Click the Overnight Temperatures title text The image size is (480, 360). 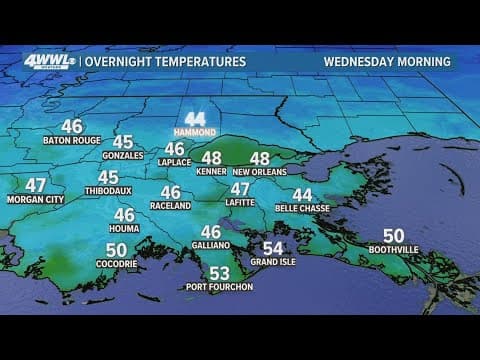(165, 62)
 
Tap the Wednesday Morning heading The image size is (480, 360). (387, 62)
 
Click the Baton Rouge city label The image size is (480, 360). (72, 141)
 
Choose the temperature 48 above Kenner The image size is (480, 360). (212, 158)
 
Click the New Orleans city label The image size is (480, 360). (260, 172)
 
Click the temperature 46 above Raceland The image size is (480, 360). (171, 192)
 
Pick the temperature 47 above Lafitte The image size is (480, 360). (241, 190)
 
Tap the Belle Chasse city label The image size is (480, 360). (302, 210)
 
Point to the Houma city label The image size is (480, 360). (124, 229)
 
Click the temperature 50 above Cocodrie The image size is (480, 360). (116, 250)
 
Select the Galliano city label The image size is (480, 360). (211, 246)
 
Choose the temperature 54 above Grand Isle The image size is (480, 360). (273, 248)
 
